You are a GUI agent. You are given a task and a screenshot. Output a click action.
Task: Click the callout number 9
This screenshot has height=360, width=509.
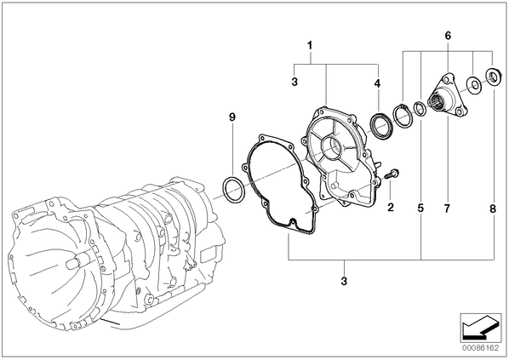[232, 117]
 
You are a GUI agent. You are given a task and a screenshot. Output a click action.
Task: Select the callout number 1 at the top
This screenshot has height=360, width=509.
[310, 45]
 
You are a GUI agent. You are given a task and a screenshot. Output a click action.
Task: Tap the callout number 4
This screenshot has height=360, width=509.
[377, 83]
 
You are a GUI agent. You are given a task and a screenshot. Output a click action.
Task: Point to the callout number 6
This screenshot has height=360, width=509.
[448, 36]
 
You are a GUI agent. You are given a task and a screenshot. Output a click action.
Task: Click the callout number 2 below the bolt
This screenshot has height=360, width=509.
[391, 207]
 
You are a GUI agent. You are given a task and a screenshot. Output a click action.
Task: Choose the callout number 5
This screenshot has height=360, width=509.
[420, 208]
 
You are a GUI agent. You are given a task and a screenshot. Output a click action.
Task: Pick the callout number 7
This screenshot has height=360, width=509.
[448, 208]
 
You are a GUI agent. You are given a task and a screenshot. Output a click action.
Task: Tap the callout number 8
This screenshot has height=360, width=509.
[493, 209]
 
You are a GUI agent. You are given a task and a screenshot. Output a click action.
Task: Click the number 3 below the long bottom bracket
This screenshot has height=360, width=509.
[344, 281]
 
